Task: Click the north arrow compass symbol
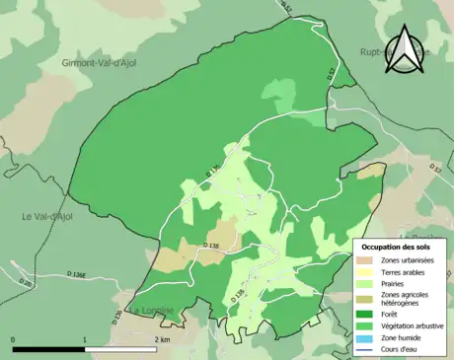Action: [x=405, y=51]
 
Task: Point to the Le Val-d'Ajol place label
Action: [x=48, y=216]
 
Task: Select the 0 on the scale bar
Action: [x=14, y=339]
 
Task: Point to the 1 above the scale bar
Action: [x=85, y=339]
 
